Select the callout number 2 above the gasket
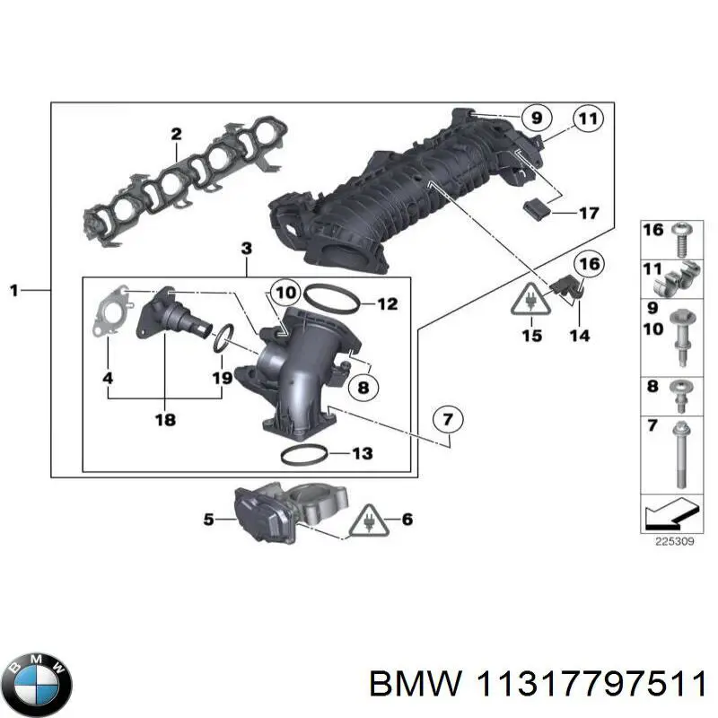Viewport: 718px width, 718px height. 176,135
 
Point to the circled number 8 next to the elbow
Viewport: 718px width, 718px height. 363,388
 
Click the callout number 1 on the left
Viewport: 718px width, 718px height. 13,290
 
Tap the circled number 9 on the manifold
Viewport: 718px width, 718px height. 536,118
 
